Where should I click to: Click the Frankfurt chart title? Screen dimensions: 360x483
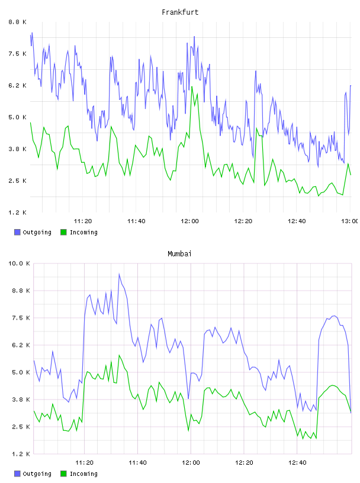pos(180,12)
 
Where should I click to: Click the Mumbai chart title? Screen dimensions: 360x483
pos(179,254)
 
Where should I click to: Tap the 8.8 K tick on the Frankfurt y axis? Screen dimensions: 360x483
pos(17,22)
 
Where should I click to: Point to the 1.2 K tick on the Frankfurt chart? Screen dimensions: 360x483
pos(17,212)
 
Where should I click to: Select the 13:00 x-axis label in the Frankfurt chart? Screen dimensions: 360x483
pos(349,221)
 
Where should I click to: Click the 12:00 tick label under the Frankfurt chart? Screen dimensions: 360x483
pos(189,221)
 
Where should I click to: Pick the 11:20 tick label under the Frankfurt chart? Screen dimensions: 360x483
pos(83,221)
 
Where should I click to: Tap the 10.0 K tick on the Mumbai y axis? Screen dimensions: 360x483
pos(19,263)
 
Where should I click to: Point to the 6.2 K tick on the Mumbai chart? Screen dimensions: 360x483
pos(21,345)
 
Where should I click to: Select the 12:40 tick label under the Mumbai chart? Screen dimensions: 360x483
pos(297,463)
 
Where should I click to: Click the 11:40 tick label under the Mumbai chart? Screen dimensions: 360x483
pos(137,463)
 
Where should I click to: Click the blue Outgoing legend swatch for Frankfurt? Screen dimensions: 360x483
pos(17,232)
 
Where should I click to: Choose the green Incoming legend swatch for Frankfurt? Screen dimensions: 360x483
pos(63,232)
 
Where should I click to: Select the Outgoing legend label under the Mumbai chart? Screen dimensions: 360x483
pos(37,474)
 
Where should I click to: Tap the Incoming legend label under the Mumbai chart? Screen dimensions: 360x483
pos(83,474)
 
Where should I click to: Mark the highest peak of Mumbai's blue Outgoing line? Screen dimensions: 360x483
pos(119,274)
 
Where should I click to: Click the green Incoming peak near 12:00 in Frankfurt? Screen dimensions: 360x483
pos(192,87)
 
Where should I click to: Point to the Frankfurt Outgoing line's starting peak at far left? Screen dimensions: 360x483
pos(32,33)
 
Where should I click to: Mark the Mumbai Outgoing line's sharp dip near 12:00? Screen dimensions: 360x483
pos(188,398)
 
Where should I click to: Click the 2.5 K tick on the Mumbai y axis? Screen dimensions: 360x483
pos(21,427)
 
